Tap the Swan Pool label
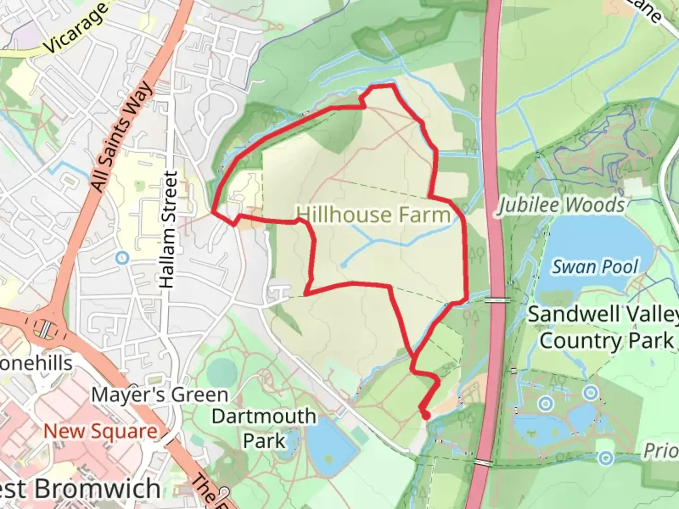pos(595,267)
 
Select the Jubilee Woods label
pos(562,205)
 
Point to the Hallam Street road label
pos(168,230)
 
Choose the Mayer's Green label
pos(159,395)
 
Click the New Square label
pos(100,431)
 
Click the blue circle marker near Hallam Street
pos(122,258)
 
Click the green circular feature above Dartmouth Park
pos(222,372)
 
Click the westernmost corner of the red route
pos(214,212)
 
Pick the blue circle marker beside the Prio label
pos(606,457)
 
